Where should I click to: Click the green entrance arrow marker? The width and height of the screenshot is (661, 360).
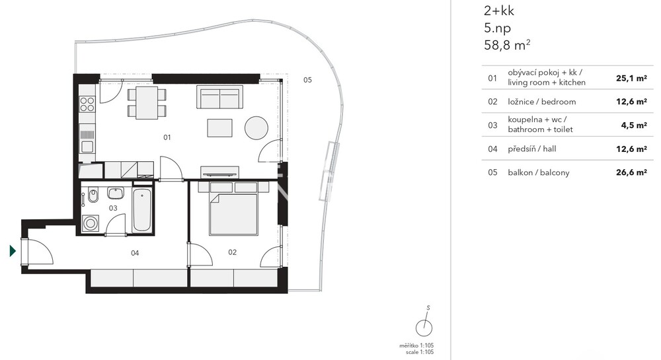(13, 252)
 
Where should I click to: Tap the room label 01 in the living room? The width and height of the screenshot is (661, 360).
(167, 137)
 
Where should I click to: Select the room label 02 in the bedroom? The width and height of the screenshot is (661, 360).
(232, 252)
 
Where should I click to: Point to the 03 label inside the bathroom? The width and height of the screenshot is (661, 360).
(113, 208)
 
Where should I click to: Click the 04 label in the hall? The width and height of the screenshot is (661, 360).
(135, 253)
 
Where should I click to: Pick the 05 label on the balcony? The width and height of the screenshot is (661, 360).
(308, 80)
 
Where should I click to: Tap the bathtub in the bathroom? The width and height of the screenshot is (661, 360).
(141, 210)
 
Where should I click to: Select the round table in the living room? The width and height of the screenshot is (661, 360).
(256, 127)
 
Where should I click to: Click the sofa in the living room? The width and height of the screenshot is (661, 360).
(219, 97)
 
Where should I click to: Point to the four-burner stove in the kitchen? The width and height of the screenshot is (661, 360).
(87, 104)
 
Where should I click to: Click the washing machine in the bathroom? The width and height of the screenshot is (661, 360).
(90, 223)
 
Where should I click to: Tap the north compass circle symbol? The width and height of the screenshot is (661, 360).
(424, 328)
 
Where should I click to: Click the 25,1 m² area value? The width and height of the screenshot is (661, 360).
(631, 78)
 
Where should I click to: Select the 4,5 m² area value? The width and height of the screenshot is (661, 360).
(634, 125)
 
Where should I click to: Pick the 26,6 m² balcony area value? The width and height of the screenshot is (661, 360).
(631, 172)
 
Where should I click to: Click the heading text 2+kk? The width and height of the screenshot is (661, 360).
(499, 11)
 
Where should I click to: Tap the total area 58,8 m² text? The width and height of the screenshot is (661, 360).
(507, 45)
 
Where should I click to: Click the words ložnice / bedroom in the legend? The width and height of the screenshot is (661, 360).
(542, 102)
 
